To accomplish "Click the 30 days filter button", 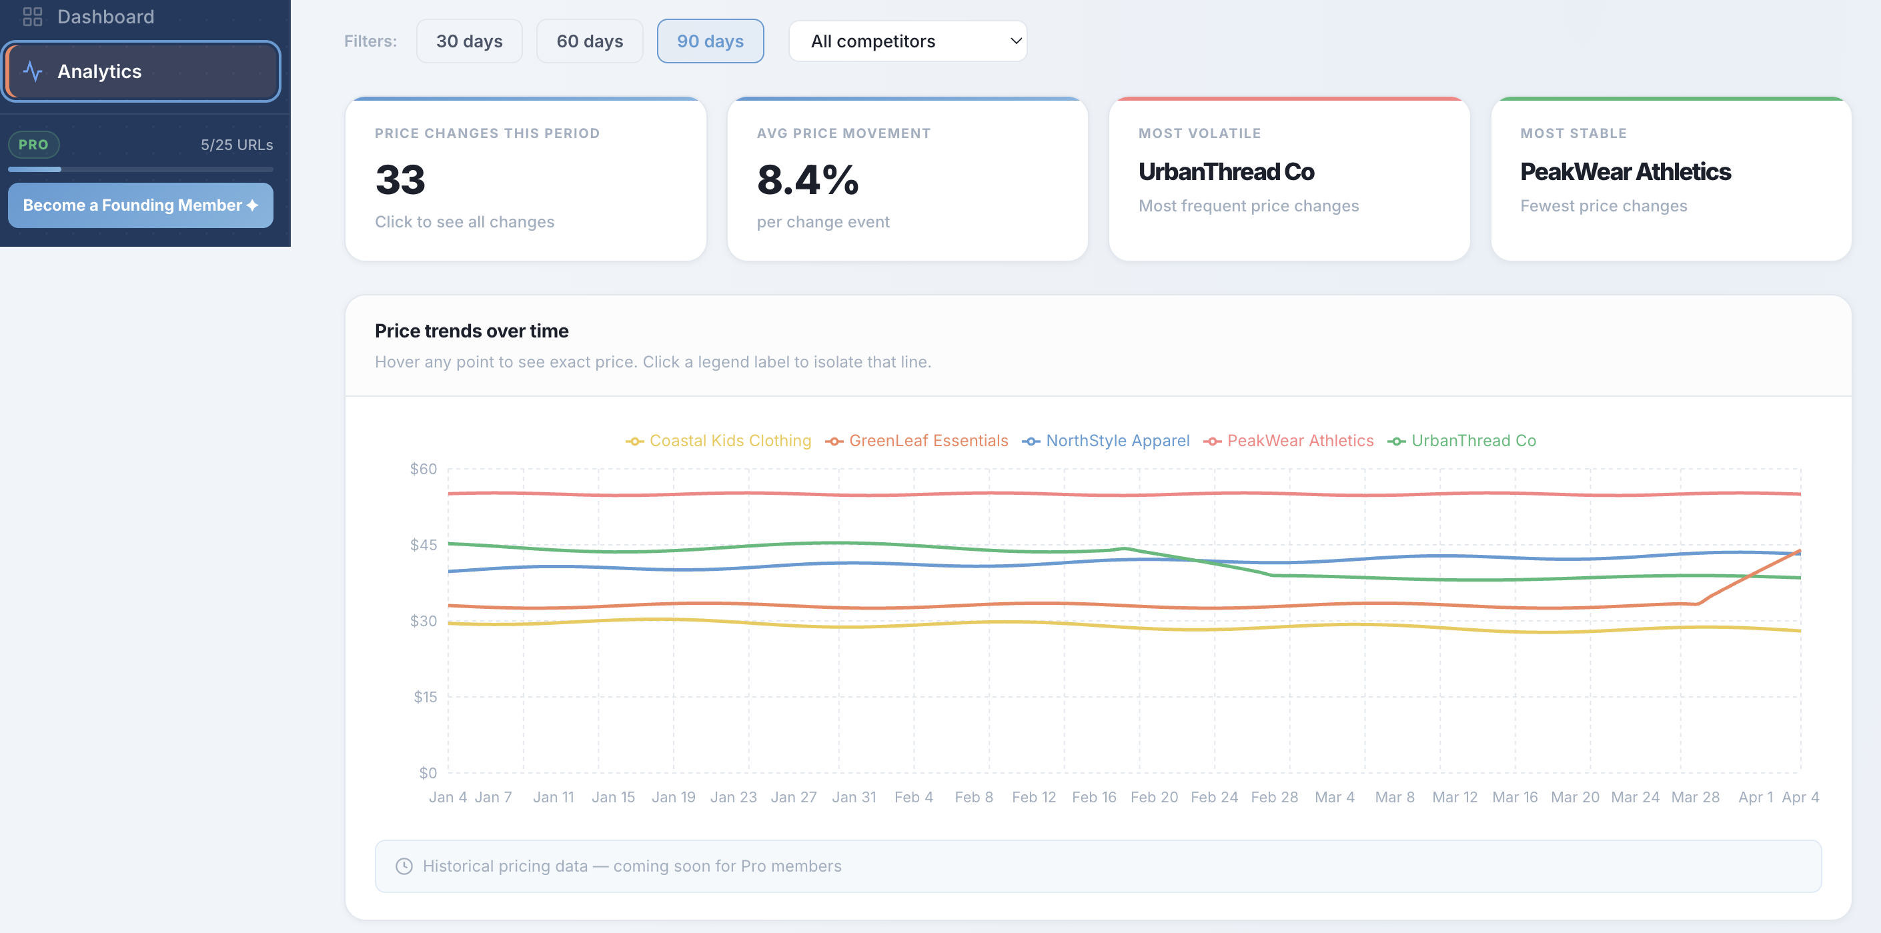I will click(469, 41).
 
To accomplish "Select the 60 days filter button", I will click(589, 41).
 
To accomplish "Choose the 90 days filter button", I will click(710, 41).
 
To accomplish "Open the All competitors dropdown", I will click(907, 41).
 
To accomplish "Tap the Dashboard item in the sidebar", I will click(105, 16).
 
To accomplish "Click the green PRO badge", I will click(33, 145).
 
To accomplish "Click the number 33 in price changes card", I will click(400, 179).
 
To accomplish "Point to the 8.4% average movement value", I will click(808, 179).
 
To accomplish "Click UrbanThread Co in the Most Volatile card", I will click(1226, 171).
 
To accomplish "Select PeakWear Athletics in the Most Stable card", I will click(1626, 171).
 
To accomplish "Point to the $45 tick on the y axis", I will click(424, 545).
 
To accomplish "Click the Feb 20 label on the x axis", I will click(1154, 797).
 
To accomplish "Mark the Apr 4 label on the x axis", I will click(1800, 797).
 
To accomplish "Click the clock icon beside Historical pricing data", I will click(404, 866).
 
